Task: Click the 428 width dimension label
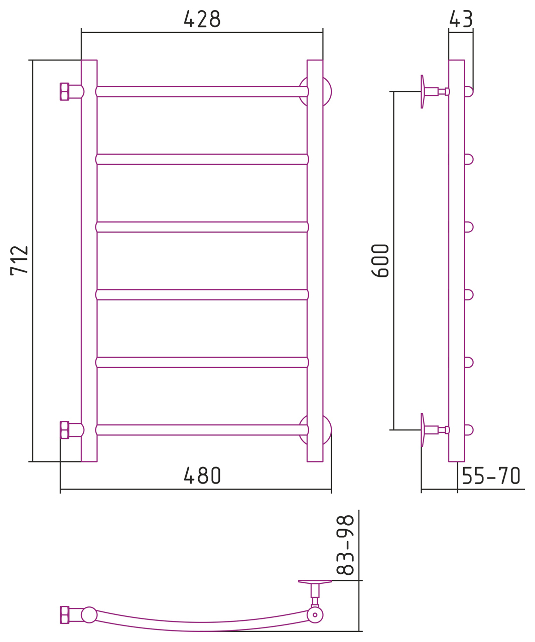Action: point(202,19)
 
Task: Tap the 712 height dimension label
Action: point(19,260)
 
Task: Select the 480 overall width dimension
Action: point(202,475)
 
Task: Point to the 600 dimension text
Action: point(380,260)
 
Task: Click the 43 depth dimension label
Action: point(461,19)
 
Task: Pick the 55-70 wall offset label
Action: point(491,475)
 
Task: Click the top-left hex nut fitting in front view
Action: point(64,92)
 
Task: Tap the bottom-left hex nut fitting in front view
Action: point(64,430)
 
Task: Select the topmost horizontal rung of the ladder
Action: point(202,92)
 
